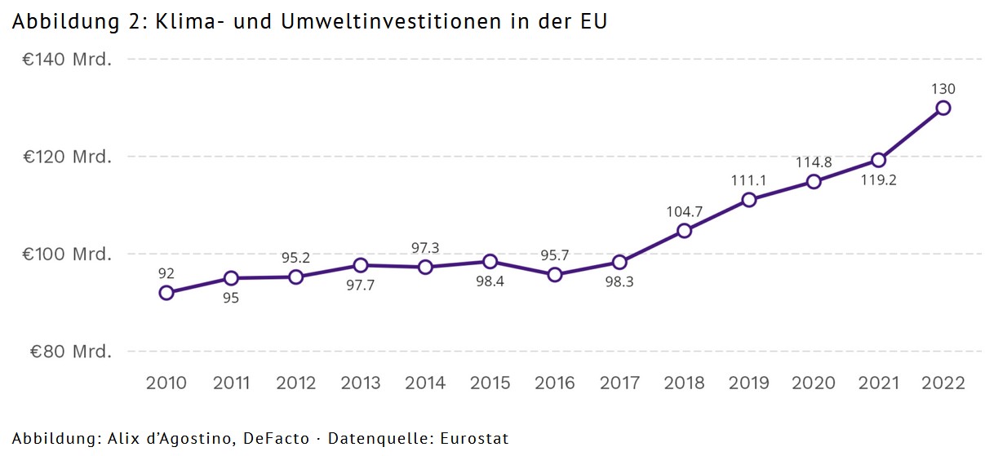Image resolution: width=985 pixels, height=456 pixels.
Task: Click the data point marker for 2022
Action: (x=943, y=108)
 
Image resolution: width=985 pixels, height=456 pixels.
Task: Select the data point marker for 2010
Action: (x=166, y=293)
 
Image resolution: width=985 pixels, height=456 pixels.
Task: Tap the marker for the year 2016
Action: (x=555, y=275)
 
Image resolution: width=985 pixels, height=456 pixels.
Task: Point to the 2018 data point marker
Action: (x=685, y=231)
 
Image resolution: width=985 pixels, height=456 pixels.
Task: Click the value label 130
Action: (x=943, y=89)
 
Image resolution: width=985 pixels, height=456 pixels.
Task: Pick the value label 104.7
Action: (x=685, y=211)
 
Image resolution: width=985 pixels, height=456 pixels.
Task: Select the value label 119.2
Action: (x=878, y=180)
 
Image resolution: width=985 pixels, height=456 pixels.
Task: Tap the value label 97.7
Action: (x=361, y=285)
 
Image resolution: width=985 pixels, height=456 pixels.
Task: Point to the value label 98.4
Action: (x=490, y=281)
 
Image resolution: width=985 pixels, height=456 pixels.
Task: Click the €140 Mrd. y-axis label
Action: (x=70, y=60)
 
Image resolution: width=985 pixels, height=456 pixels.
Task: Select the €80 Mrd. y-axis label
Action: (x=70, y=352)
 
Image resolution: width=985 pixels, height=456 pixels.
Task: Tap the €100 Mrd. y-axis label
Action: (x=70, y=255)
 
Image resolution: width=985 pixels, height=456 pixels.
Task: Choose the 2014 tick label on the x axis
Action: (x=425, y=383)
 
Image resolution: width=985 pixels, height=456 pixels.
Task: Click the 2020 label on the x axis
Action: (x=814, y=383)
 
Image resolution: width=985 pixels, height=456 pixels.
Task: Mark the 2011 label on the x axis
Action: (x=231, y=383)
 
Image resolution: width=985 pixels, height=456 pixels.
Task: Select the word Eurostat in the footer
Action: (x=475, y=439)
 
